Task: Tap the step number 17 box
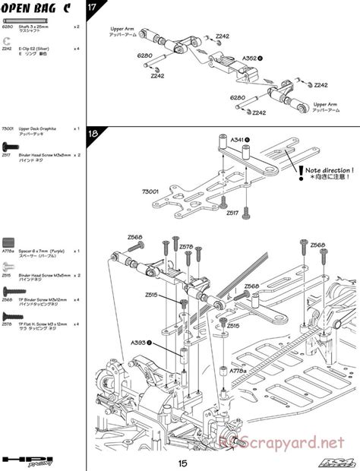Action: [x=93, y=8]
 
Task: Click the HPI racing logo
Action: [x=24, y=460]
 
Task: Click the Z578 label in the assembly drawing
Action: [x=186, y=247]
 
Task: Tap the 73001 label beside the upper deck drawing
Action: [x=150, y=192]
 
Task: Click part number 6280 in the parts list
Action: [x=8, y=26]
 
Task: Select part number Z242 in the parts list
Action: [x=8, y=49]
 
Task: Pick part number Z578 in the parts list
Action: [x=8, y=323]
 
